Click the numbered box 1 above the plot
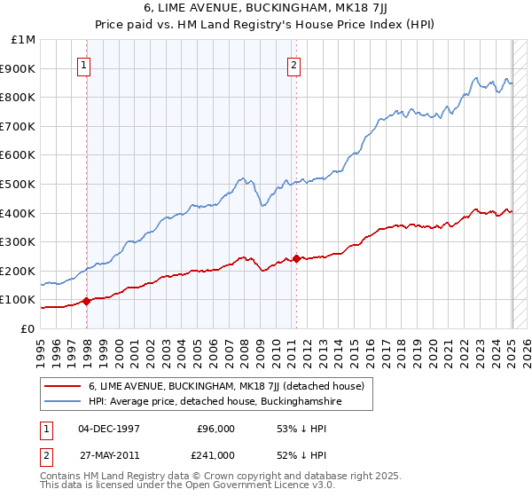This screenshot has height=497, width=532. tap(82, 64)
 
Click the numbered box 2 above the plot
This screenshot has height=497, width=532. tap(293, 64)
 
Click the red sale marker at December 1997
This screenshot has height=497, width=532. tap(87, 301)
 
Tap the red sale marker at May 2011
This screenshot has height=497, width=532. tap(296, 259)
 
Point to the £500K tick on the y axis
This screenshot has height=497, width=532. tap(20, 184)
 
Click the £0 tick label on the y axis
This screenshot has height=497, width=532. tap(28, 328)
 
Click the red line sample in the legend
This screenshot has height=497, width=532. tap(63, 386)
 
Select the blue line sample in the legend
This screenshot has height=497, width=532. tap(63, 402)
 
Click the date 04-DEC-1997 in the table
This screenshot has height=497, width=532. tap(109, 429)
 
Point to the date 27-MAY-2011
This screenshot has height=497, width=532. tap(109, 455)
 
